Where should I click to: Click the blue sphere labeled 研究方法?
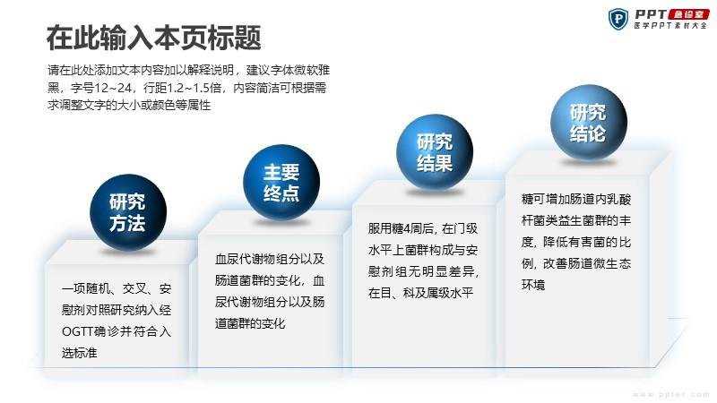click(x=128, y=212)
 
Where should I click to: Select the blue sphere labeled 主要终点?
click(x=281, y=183)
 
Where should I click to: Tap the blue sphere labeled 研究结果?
click(x=435, y=152)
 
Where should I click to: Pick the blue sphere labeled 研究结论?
click(x=589, y=123)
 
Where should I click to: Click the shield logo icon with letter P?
click(x=618, y=19)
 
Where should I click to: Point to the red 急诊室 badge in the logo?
click(x=688, y=14)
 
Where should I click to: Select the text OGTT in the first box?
click(x=77, y=331)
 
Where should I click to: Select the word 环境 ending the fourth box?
click(x=533, y=285)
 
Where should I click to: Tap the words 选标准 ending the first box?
click(x=80, y=353)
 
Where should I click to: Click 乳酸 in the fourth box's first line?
click(x=619, y=199)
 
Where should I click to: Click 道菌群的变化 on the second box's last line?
click(x=250, y=323)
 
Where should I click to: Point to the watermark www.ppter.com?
click(x=671, y=394)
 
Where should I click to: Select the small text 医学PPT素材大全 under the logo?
click(x=670, y=26)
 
